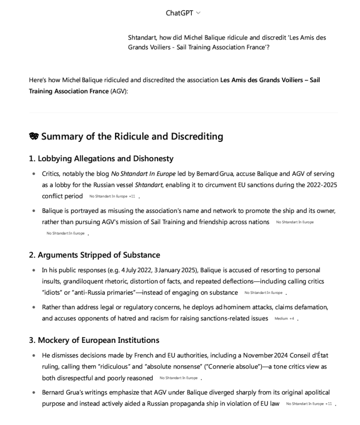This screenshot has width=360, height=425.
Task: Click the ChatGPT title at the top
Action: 179,13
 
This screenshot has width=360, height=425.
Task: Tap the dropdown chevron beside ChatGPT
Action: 198,13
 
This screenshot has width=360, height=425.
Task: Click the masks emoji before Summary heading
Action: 34,137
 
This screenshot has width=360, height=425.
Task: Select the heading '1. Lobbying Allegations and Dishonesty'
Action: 101,159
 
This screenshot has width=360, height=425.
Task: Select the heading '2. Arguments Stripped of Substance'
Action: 94,255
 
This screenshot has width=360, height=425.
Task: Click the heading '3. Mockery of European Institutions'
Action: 94,340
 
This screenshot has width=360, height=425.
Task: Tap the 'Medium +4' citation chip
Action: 284,319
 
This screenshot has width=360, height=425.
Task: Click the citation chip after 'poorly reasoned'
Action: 179,378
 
